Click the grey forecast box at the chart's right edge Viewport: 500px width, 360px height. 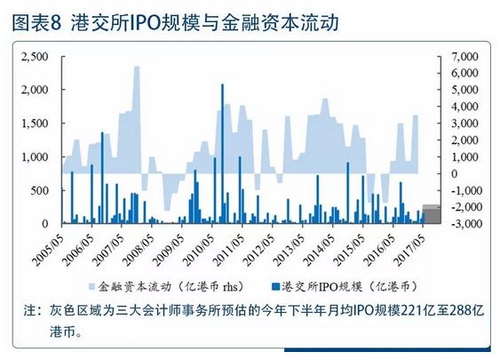[x=429, y=213]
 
